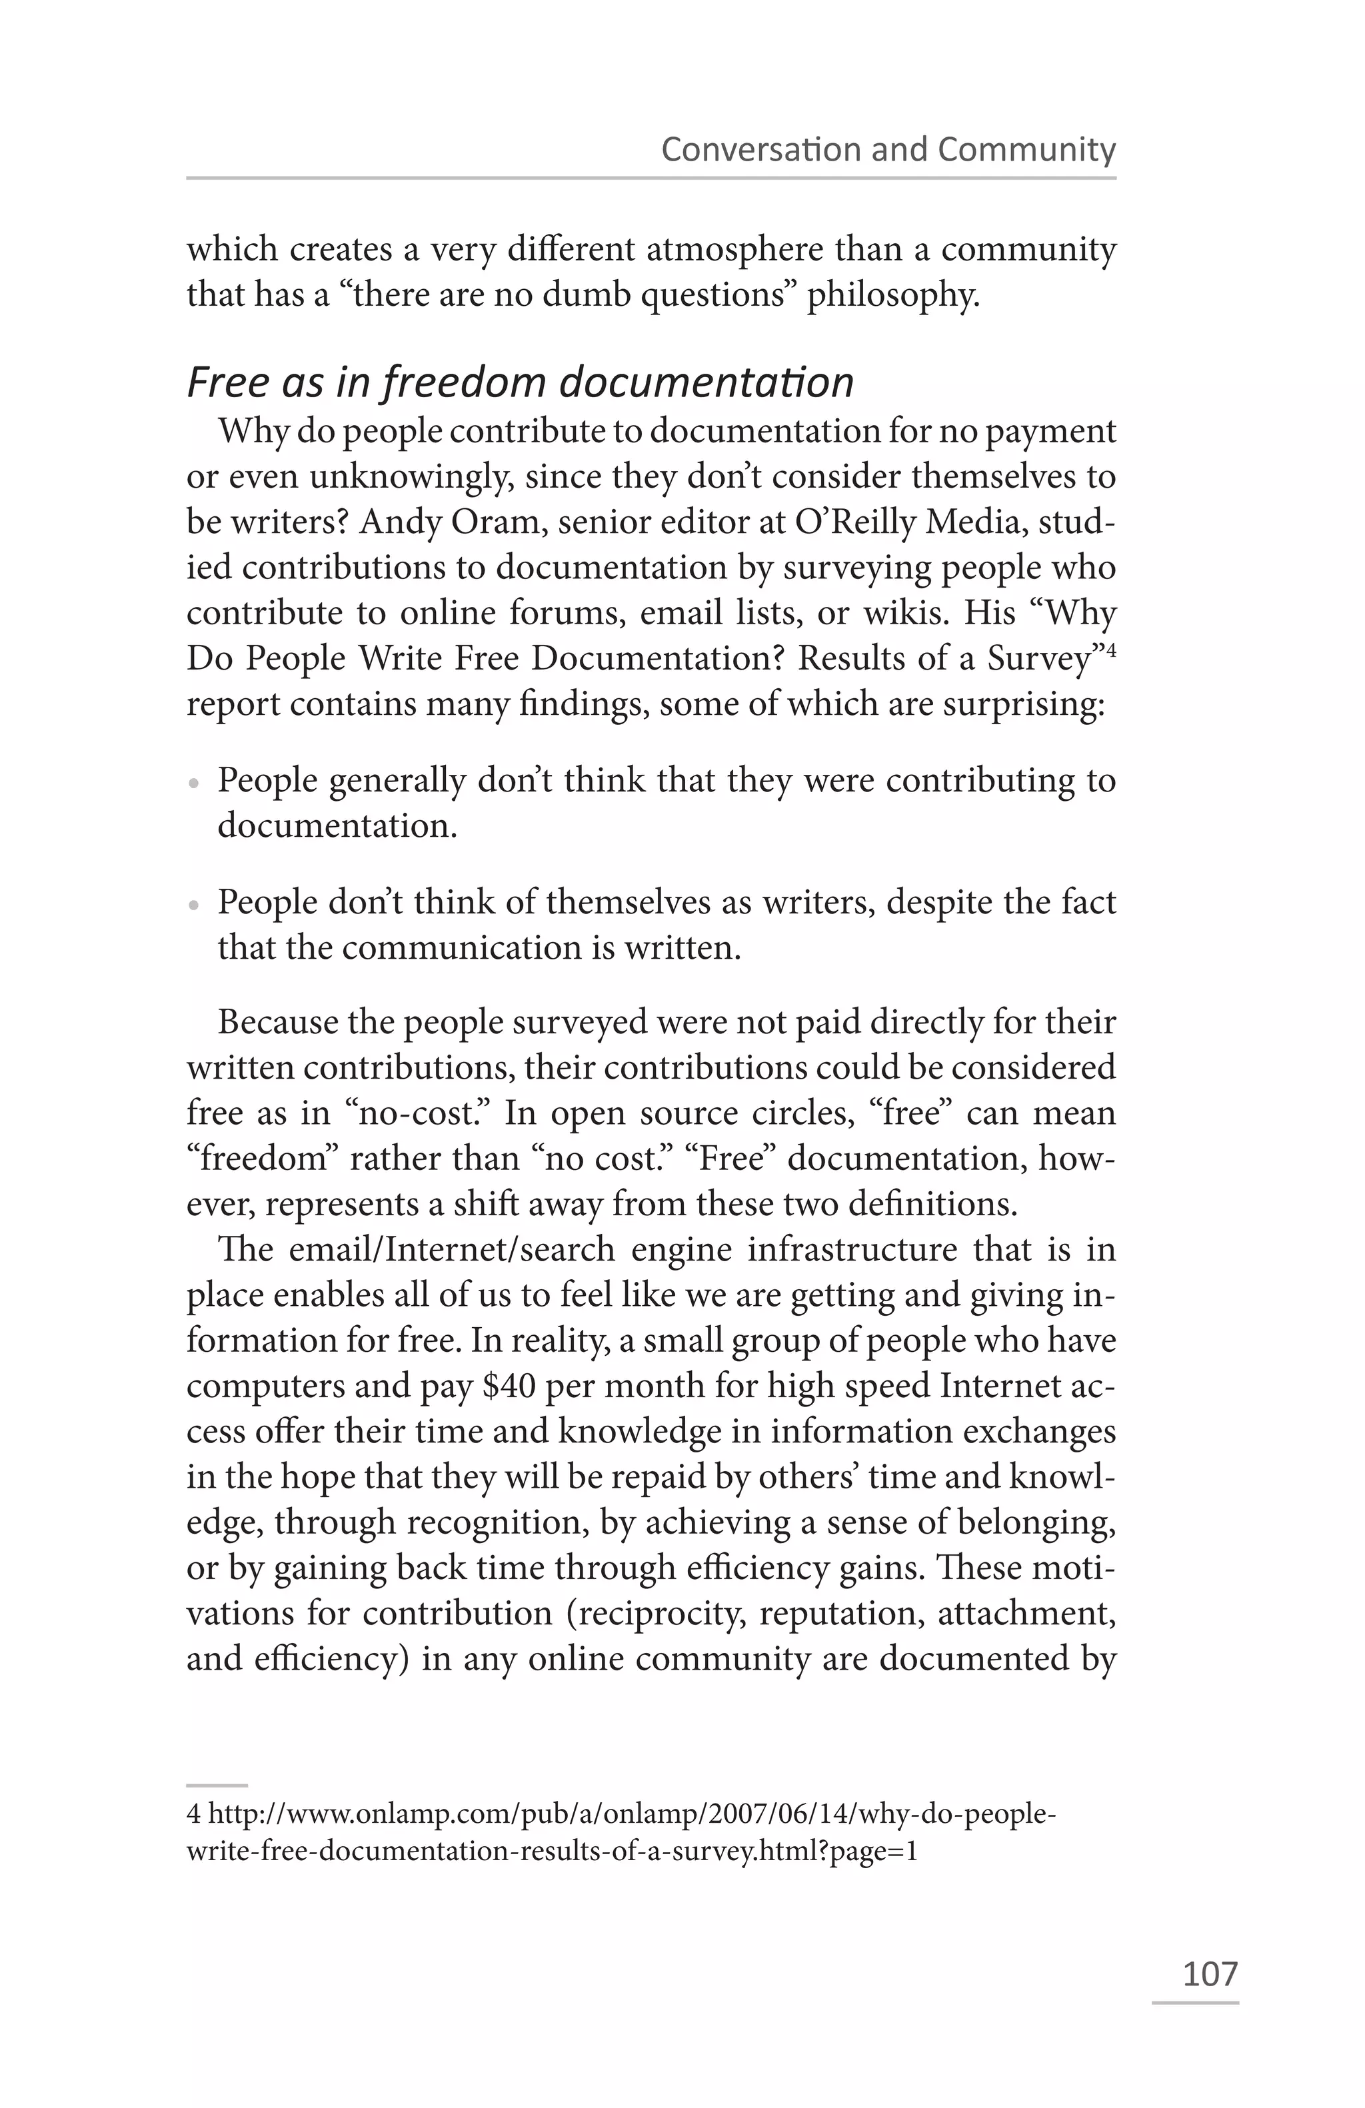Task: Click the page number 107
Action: (x=1210, y=1973)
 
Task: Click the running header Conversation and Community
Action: (x=888, y=149)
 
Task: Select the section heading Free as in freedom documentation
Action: (x=520, y=382)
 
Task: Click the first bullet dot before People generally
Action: (x=193, y=785)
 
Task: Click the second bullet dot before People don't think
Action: (x=193, y=906)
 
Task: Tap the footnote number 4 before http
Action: (x=193, y=1815)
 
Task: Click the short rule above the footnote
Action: (x=217, y=1786)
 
